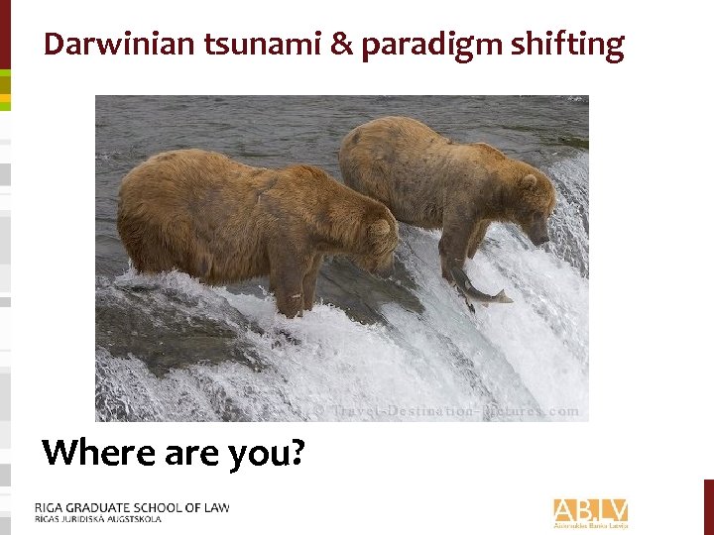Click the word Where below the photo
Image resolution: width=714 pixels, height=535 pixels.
click(x=96, y=453)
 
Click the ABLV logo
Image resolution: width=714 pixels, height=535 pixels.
click(x=591, y=512)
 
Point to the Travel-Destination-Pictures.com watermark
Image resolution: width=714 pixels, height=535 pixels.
click(x=455, y=411)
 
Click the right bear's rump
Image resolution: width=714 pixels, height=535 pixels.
click(x=362, y=149)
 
